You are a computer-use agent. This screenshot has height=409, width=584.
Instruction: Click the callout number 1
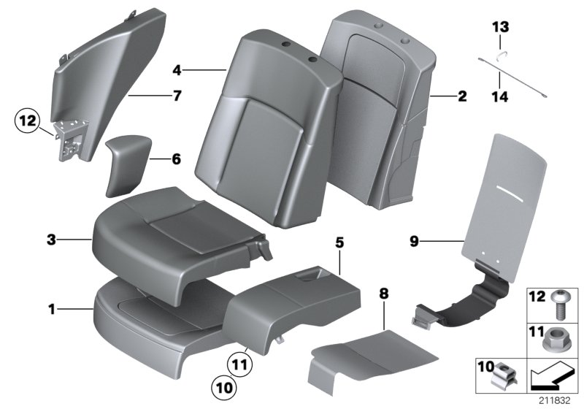pyautogui.click(x=52, y=310)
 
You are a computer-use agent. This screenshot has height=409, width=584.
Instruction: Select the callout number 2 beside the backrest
pyautogui.click(x=461, y=96)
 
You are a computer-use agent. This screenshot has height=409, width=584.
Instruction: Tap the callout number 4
pyautogui.click(x=177, y=71)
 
